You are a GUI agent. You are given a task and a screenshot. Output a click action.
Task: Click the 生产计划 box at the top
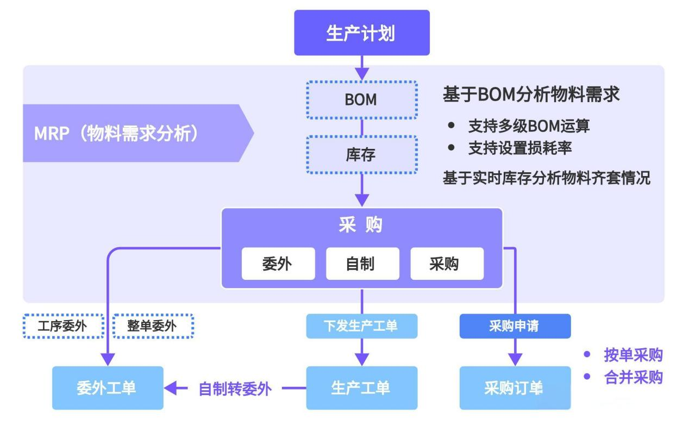pos(362,33)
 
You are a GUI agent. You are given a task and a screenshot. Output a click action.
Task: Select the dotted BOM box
pos(362,100)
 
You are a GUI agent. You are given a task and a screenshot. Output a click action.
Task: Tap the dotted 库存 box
pos(362,155)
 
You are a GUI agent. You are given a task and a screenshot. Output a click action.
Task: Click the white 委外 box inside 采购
pos(278,264)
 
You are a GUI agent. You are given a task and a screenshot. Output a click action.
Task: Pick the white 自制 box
pos(362,264)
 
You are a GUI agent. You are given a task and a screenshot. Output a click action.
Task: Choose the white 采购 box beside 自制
pos(447,264)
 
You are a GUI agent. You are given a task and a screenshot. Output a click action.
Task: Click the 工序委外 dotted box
pos(64,326)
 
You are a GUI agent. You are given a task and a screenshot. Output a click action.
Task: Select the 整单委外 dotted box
pos(153,326)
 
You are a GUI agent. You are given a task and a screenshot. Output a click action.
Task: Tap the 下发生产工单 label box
pos(362,326)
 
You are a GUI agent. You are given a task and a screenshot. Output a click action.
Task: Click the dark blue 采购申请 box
pos(515,326)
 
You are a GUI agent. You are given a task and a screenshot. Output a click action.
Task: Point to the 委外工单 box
pos(108,388)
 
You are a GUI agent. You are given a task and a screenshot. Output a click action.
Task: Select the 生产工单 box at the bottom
pos(362,388)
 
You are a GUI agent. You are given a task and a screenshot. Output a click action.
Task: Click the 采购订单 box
pos(515,388)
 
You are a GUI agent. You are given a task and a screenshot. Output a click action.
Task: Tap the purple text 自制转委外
pos(235,389)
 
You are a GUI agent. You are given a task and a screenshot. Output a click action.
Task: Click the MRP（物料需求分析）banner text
pos(117,134)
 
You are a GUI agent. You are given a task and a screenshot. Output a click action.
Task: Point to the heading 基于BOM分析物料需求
pos(531,94)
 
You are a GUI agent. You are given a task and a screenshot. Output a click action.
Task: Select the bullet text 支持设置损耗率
pos(520,148)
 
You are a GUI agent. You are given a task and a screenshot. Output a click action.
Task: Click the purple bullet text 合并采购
pos(634,377)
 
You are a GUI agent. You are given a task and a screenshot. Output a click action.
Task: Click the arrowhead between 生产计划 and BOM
pos(362,74)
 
